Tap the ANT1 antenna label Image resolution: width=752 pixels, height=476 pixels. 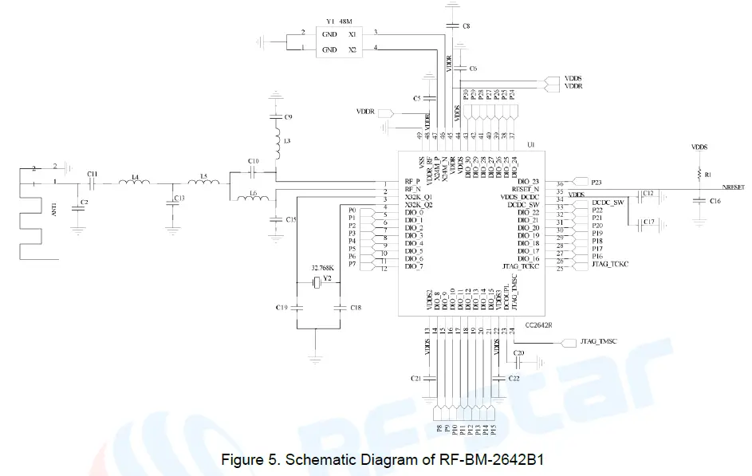pyautogui.click(x=54, y=210)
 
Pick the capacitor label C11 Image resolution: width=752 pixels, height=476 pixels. pyautogui.click(x=93, y=173)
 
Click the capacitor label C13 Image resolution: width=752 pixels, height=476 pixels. pyautogui.click(x=180, y=197)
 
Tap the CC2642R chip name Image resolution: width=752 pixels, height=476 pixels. pyautogui.click(x=539, y=325)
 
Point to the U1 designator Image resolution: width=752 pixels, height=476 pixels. pyautogui.click(x=530, y=144)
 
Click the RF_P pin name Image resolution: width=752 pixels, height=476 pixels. pyautogui.click(x=413, y=181)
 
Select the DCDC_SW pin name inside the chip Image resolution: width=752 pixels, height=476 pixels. pyautogui.click(x=523, y=204)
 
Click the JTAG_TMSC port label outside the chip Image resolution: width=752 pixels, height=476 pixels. pyautogui.click(x=599, y=342)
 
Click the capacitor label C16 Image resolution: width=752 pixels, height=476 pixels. pyautogui.click(x=715, y=203)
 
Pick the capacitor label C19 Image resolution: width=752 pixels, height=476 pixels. pyautogui.click(x=282, y=307)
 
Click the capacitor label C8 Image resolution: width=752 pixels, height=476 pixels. pyautogui.click(x=466, y=26)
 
